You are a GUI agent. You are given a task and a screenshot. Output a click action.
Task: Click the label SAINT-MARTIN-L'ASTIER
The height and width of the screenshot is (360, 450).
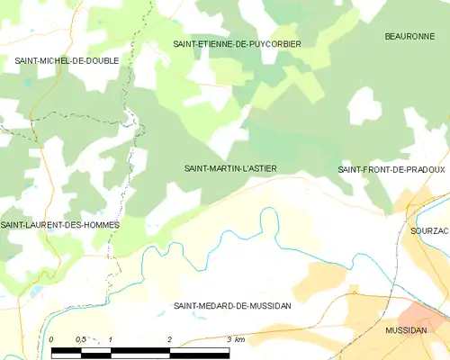point(230,168)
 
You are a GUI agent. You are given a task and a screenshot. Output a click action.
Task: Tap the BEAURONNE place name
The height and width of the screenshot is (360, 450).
point(409,37)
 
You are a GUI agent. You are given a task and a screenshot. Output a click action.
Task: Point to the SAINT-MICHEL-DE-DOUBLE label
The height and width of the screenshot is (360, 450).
point(67,60)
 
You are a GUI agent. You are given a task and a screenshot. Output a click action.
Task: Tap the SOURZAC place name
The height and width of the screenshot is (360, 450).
point(428,230)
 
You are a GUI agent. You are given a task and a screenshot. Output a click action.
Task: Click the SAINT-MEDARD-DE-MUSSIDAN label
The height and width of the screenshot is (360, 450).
point(232,306)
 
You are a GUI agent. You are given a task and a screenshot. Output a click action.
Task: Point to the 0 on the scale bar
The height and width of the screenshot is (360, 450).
point(52,339)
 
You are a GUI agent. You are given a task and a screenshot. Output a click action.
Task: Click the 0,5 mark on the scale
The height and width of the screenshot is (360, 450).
point(80,339)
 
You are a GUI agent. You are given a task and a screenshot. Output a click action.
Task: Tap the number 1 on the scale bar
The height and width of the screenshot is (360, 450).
point(110,339)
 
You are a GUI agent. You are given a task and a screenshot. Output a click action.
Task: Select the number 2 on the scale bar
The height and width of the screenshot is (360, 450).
point(169,339)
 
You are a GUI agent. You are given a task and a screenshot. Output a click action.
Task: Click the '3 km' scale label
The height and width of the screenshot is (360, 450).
point(236,339)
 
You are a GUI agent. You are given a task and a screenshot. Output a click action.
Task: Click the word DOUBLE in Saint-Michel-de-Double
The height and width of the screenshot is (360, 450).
point(99,60)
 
